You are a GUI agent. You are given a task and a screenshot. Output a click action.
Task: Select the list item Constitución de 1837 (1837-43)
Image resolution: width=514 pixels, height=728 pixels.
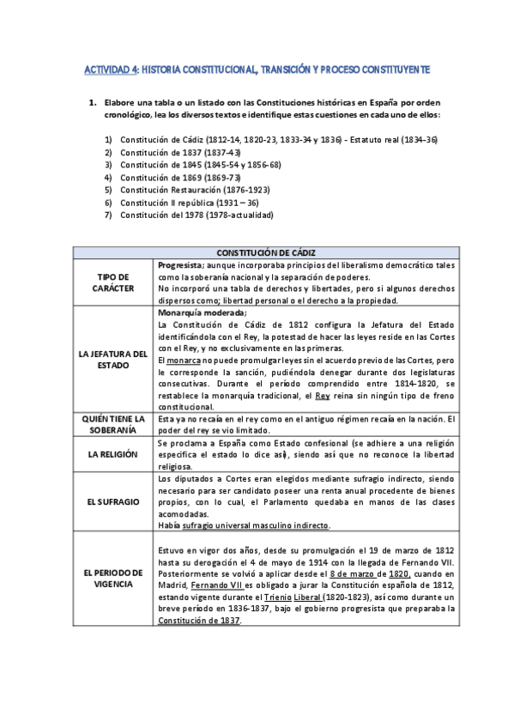[x=179, y=153]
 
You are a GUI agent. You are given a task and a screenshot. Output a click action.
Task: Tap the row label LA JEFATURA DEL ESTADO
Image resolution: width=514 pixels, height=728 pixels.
[x=112, y=359]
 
